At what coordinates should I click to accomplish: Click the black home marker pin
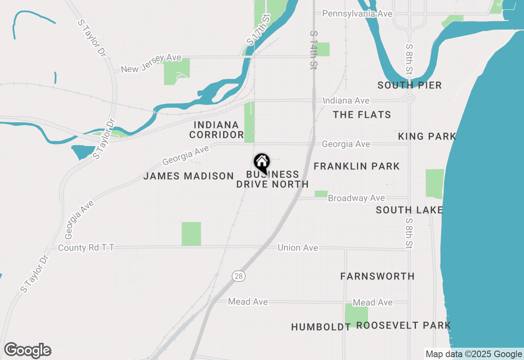[x=262, y=163]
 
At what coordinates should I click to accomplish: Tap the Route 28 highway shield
[x=239, y=276]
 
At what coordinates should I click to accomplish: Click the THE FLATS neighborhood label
[x=362, y=115]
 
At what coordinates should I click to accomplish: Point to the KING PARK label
[x=427, y=136]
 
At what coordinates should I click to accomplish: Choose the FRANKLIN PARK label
[x=357, y=166]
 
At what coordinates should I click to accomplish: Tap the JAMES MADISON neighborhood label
[x=188, y=176]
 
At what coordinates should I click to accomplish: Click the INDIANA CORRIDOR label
[x=217, y=130]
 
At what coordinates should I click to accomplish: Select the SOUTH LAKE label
[x=409, y=210]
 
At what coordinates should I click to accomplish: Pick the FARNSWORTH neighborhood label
[x=377, y=276]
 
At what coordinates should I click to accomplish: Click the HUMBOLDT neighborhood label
[x=321, y=326]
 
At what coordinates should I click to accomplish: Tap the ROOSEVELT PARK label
[x=403, y=325]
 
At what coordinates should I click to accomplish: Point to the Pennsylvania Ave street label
[x=357, y=13]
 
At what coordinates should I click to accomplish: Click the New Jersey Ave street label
[x=151, y=64]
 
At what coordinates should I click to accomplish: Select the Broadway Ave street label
[x=356, y=198]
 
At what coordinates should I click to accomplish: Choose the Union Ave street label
[x=298, y=248]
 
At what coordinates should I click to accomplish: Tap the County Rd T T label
[x=86, y=248]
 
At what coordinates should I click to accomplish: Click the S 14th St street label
[x=314, y=50]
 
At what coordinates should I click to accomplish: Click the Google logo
[x=28, y=351]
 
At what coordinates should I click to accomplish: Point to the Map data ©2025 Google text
[x=474, y=354]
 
